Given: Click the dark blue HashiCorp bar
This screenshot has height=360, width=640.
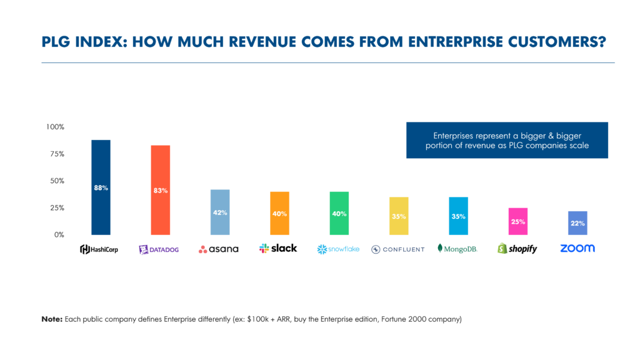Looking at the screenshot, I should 101,187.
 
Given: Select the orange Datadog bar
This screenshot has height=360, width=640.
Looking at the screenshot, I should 160,190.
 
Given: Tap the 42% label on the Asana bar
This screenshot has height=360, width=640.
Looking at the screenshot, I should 219,212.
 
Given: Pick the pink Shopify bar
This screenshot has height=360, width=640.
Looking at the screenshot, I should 517,222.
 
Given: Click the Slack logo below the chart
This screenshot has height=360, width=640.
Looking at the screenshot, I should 279,248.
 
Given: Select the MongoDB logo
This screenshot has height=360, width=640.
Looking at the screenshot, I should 457,249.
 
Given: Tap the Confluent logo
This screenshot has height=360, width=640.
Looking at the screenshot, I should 397,249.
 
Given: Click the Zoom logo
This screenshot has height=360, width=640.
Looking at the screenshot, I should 577,248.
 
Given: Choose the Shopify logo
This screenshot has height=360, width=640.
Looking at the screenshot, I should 517,249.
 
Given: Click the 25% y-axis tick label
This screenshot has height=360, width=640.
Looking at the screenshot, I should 56,207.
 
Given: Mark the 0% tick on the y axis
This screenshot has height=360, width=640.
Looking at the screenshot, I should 58,235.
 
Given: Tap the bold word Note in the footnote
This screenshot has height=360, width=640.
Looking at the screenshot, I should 51,319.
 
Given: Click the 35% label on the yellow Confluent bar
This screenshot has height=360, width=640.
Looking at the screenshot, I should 398,216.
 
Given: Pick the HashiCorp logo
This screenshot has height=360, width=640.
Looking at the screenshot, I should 100,249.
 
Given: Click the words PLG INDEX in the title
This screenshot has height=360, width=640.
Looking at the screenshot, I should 79,42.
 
